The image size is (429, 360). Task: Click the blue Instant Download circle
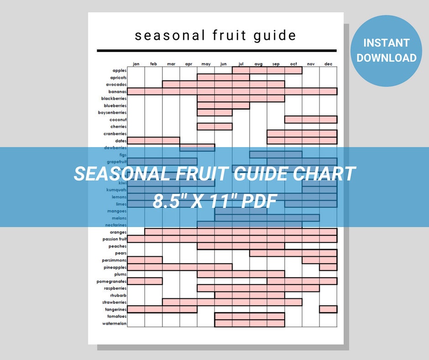click(387, 51)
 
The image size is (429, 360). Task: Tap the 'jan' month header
click(136, 64)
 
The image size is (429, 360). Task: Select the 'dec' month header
click(328, 64)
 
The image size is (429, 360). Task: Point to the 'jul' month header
click(241, 64)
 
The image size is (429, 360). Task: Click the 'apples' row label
click(120, 70)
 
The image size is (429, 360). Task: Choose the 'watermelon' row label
click(114, 323)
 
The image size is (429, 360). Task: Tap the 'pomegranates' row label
click(111, 281)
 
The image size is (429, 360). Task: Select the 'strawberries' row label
click(114, 302)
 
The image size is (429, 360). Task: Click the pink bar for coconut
click(311, 120)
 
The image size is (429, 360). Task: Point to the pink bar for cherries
click(214, 127)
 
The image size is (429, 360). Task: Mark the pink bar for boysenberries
click(214, 112)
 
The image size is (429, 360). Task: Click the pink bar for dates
click(153, 141)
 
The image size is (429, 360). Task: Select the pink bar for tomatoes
click(250, 317)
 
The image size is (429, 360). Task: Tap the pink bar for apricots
click(223, 78)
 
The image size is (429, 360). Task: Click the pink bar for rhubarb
click(250, 296)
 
